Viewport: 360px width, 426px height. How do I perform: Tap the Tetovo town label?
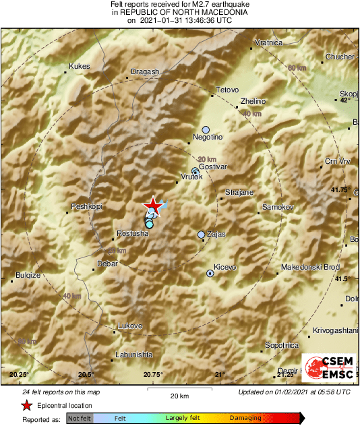click(x=227, y=90)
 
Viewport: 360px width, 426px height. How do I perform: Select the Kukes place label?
click(x=79, y=67)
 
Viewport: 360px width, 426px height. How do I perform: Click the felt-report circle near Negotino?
click(x=206, y=129)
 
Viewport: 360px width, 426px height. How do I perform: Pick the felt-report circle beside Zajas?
click(x=201, y=235)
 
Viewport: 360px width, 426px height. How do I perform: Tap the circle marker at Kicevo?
click(x=210, y=274)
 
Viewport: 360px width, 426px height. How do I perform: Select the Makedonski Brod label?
click(x=310, y=268)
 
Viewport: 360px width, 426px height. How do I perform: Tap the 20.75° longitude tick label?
click(x=153, y=375)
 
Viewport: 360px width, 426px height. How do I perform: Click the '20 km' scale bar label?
click(x=179, y=394)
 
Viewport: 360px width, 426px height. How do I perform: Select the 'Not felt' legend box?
click(x=80, y=419)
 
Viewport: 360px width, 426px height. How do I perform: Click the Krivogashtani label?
click(x=334, y=331)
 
